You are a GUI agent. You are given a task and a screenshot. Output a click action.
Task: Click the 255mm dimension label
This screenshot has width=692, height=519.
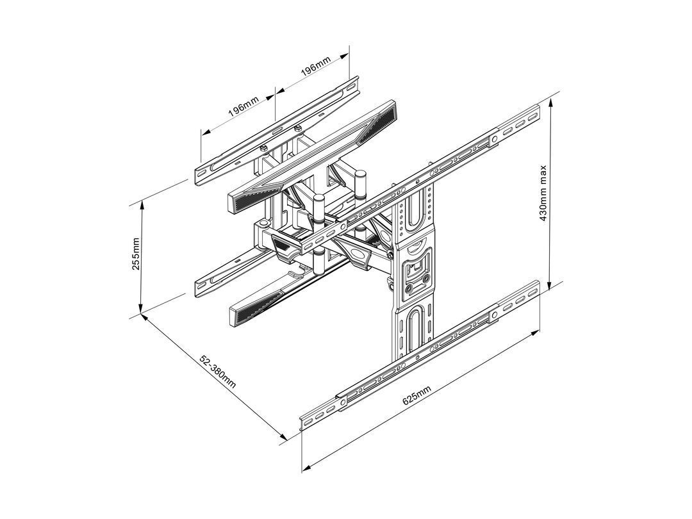tap(136, 254)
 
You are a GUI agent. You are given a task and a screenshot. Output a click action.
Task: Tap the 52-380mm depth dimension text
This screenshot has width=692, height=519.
tap(218, 371)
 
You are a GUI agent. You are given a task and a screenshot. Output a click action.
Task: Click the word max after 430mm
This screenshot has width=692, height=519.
tap(543, 174)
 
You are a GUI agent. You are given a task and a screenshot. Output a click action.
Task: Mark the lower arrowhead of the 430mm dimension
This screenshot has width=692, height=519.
tap(550, 288)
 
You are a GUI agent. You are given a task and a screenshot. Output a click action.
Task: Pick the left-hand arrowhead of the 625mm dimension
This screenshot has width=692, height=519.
tap(305, 466)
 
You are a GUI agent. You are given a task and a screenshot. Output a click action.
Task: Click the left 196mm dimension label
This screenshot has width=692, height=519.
tap(244, 109)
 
